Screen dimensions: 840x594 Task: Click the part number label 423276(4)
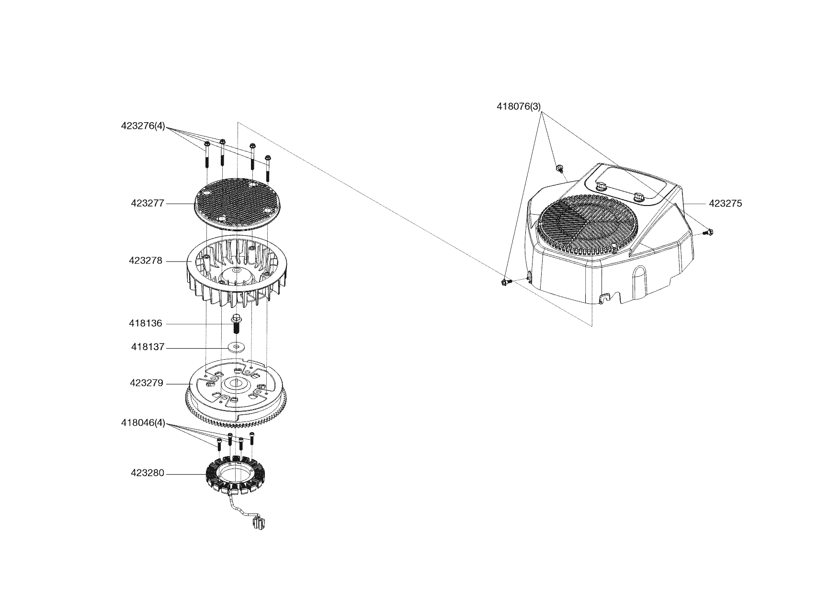pos(143,126)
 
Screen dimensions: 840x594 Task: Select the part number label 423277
pos(148,203)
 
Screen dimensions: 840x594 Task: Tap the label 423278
pos(146,261)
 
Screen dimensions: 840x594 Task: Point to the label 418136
pos(146,324)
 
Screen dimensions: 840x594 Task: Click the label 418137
pos(148,347)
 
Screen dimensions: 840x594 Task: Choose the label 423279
pos(147,383)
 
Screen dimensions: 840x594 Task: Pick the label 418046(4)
pos(143,423)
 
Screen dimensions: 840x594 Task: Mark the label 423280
pos(148,473)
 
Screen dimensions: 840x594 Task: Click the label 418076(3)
pos(519,106)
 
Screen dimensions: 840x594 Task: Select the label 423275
pos(725,204)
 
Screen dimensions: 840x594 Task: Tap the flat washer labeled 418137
pos(236,346)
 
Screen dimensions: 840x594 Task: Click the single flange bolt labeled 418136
pos(236,324)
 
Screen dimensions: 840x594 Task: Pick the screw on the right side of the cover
pos(708,232)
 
